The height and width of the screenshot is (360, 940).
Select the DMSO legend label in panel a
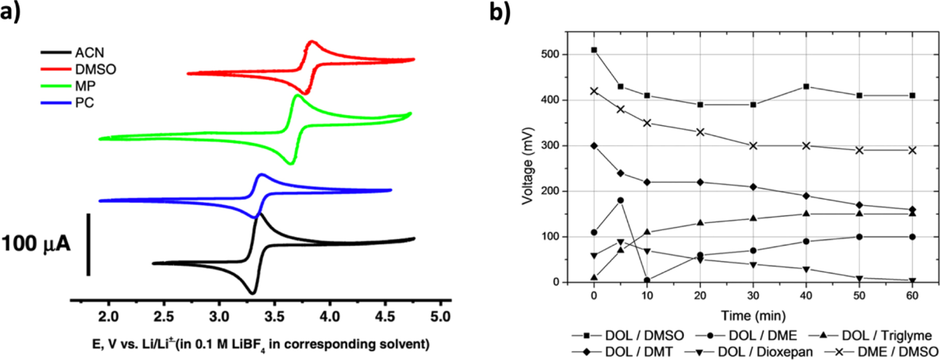[x=95, y=69]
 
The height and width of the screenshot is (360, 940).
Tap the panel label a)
[x=11, y=11]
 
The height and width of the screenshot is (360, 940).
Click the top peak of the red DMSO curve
[x=311, y=42]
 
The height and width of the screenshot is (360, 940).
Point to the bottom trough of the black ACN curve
[x=253, y=293]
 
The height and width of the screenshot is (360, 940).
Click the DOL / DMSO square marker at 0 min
[x=594, y=50]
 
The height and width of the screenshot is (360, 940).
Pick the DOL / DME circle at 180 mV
[x=621, y=200]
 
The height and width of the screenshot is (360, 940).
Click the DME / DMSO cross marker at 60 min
[x=912, y=150]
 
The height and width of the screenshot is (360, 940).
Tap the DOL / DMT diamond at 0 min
[x=594, y=146]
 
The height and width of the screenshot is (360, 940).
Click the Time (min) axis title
[x=754, y=316]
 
